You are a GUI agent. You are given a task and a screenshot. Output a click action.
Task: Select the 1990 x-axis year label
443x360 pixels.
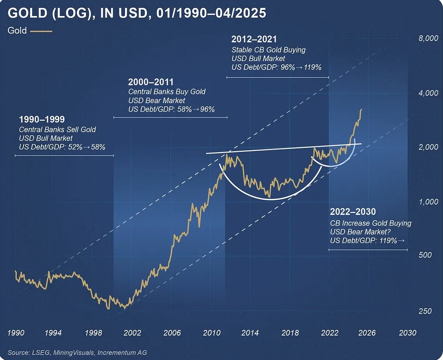click(16, 333)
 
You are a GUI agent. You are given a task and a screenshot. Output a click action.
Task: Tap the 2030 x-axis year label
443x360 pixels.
click(408, 333)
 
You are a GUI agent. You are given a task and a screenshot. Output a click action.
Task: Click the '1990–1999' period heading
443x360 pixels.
click(42, 120)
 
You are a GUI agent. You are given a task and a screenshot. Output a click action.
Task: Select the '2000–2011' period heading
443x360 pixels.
click(150, 82)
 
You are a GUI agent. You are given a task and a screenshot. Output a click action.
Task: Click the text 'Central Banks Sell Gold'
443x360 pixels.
click(57, 129)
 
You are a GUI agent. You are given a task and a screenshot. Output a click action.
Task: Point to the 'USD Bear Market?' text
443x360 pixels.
click(358, 232)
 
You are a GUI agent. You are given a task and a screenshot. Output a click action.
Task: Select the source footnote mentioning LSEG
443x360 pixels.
click(77, 352)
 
